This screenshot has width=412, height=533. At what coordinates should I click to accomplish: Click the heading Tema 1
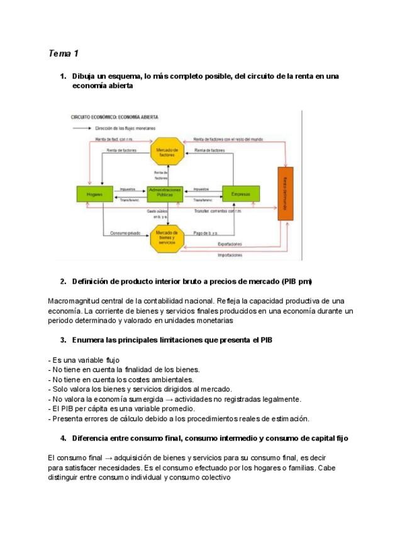(63, 53)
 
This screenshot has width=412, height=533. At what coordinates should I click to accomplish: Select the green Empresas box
(241, 195)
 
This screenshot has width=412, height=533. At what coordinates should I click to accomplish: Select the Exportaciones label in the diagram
(231, 244)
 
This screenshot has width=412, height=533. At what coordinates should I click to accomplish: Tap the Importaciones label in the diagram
(231, 256)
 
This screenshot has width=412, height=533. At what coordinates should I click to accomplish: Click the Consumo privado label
(125, 233)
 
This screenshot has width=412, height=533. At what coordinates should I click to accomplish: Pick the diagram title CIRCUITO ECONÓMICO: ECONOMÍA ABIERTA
(114, 118)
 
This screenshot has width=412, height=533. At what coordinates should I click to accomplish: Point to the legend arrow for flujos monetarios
(81, 128)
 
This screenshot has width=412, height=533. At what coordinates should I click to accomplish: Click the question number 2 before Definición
(63, 281)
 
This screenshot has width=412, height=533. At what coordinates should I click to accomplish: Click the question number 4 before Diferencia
(63, 438)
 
